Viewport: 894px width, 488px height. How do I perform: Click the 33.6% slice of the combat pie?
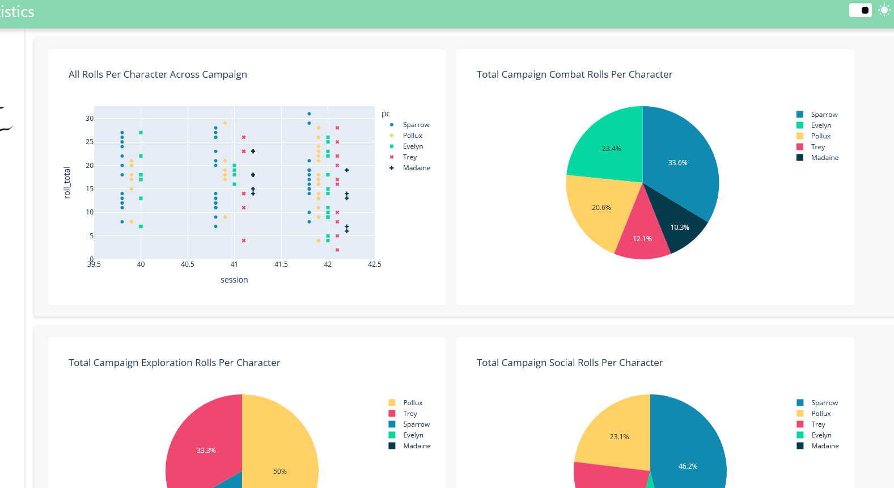point(678,163)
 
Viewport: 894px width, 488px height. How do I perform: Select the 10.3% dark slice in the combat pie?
point(680,227)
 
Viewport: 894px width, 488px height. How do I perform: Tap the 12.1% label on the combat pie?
point(642,239)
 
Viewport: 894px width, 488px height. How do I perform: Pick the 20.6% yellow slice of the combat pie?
point(601,208)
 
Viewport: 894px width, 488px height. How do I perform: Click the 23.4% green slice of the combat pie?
point(611,149)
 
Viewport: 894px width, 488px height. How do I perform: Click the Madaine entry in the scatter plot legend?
point(416,168)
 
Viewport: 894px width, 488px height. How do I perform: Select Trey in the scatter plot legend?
point(409,157)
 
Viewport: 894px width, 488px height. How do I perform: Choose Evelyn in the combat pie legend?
point(820,125)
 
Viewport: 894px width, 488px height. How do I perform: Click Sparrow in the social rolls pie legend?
point(824,403)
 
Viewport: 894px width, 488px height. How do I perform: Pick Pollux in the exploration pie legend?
point(412,403)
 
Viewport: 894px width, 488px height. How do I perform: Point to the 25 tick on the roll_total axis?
point(90,142)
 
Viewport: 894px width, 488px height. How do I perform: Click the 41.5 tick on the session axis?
point(281,264)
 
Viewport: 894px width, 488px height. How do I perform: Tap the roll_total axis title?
point(67,183)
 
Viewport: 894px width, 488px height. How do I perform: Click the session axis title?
point(234,280)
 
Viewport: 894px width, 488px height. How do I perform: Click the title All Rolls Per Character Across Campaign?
point(158,74)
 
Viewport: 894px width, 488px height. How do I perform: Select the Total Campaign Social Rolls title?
point(569,363)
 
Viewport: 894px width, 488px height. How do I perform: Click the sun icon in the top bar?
point(884,10)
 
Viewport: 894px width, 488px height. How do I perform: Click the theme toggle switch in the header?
point(860,10)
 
